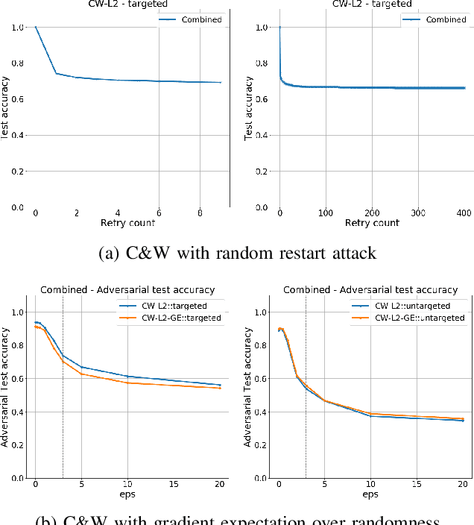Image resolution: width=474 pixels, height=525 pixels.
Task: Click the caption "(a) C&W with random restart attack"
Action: tap(237, 253)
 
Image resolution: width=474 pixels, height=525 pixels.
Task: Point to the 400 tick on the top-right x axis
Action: tap(462, 213)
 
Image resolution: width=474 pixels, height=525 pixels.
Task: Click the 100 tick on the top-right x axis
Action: tap(325, 213)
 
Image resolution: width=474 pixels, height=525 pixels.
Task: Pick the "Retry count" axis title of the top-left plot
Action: tap(127, 223)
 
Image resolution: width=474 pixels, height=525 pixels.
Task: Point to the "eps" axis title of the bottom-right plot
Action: tap(370, 494)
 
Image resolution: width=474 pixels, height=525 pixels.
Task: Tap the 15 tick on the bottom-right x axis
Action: tap(417, 484)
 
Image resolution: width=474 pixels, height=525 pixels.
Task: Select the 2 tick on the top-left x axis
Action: tap(77, 213)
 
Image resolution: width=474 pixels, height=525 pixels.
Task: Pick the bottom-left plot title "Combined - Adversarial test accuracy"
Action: tap(127, 289)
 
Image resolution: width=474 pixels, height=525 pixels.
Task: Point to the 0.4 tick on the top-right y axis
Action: tap(262, 135)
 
